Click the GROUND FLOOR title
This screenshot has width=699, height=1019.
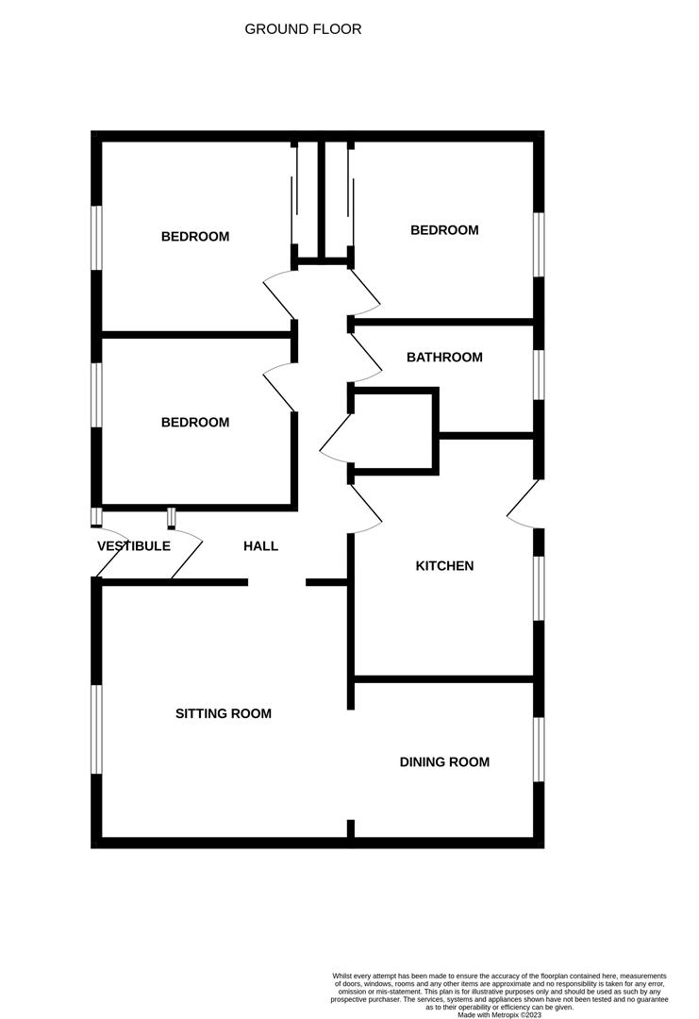(x=303, y=29)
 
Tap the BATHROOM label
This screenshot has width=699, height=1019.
(x=444, y=358)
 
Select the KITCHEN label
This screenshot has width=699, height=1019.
(x=444, y=566)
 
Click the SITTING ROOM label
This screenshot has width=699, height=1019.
(x=224, y=713)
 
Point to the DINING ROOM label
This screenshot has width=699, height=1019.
(x=444, y=762)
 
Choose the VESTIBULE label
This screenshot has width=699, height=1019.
(x=133, y=546)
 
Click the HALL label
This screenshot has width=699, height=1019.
(x=260, y=546)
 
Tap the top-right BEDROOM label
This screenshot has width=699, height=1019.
(x=444, y=230)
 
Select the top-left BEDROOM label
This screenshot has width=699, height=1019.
(x=195, y=237)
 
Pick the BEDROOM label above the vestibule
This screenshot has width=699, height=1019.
(x=195, y=423)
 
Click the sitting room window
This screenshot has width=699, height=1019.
(x=96, y=729)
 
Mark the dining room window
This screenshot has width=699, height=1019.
(x=539, y=749)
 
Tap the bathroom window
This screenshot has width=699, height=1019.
(x=539, y=376)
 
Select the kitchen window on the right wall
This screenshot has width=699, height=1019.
(x=539, y=588)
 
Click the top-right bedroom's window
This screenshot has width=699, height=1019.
(x=539, y=244)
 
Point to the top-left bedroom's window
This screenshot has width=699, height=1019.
(x=96, y=237)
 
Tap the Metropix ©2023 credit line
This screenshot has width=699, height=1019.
(x=499, y=1015)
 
